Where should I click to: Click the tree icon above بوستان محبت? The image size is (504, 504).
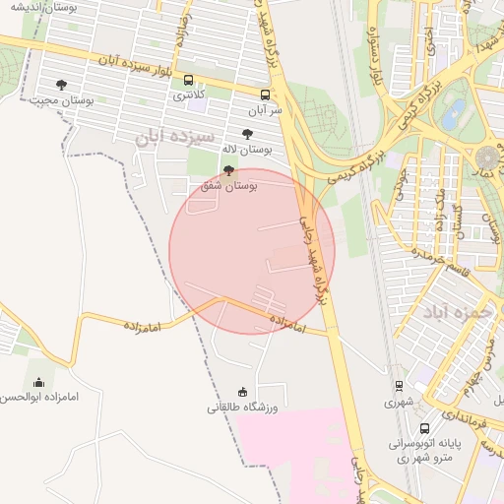pyautogui.click(x=62, y=85)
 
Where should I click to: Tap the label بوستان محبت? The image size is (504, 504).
pyautogui.click(x=62, y=100)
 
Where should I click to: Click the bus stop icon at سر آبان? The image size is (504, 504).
pyautogui.click(x=265, y=94)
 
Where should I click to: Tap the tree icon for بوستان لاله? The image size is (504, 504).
pyautogui.click(x=247, y=134)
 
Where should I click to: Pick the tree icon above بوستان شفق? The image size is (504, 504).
pyautogui.click(x=229, y=169)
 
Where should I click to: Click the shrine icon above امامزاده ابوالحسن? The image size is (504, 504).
pyautogui.click(x=39, y=382)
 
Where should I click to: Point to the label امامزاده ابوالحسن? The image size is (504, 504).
pyautogui.click(x=39, y=398)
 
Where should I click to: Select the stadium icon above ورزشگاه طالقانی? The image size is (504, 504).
pyautogui.click(x=243, y=392)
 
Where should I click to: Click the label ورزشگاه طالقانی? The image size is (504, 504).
pyautogui.click(x=243, y=408)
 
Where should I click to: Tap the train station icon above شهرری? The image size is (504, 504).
pyautogui.click(x=400, y=386)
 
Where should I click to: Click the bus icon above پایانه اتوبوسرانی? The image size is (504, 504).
pyautogui.click(x=424, y=429)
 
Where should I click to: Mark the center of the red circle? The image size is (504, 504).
pyautogui.click(x=252, y=250)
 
